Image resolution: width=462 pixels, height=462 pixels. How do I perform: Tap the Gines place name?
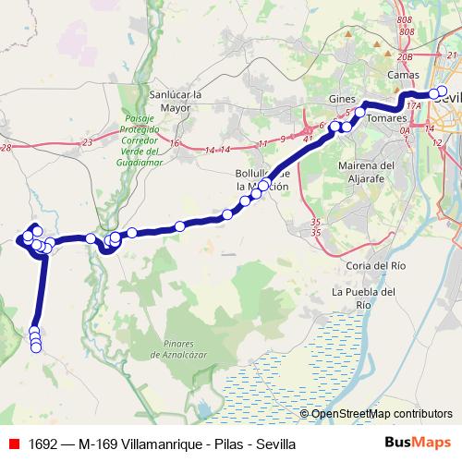342,99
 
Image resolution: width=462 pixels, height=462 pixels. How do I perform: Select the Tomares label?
386,119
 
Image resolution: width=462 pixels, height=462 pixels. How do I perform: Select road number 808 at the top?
403,19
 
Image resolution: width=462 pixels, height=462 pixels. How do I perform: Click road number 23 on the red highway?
87,142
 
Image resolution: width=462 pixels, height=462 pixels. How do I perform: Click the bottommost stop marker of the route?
36,346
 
